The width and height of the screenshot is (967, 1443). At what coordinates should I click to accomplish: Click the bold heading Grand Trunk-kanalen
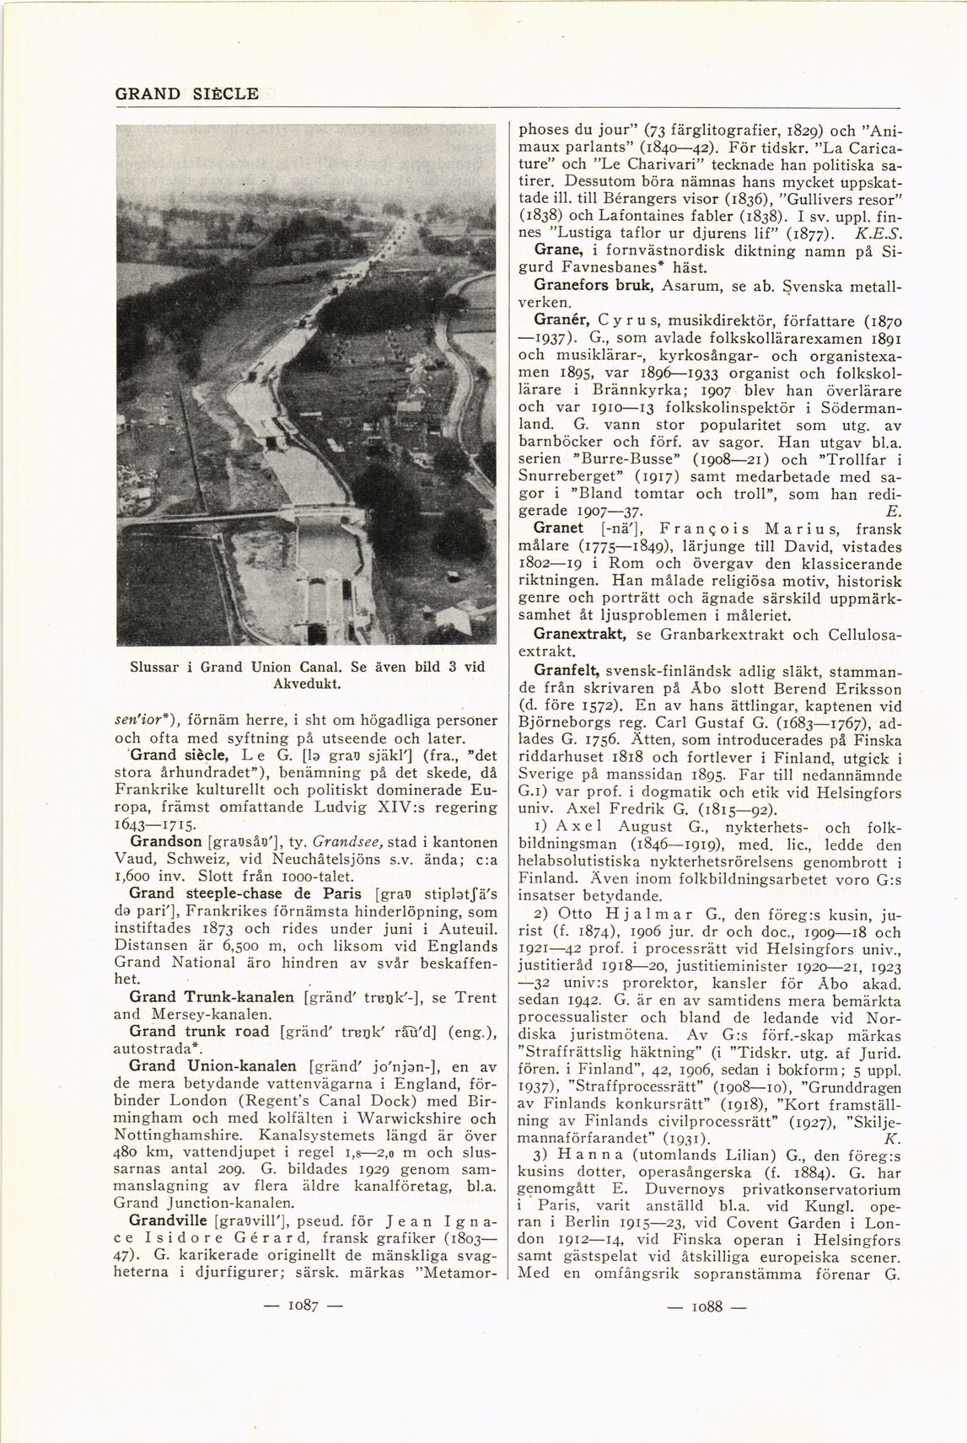212,996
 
